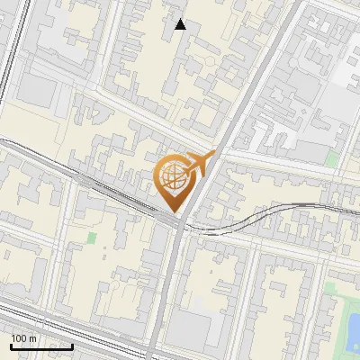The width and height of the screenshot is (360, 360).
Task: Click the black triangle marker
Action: tap(181, 24)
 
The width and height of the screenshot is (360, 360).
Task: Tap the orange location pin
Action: tap(177, 180)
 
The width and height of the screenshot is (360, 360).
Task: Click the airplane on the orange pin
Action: tap(199, 165)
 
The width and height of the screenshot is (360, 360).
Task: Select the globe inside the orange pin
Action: tap(175, 178)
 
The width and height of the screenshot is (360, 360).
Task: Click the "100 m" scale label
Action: tap(24, 338)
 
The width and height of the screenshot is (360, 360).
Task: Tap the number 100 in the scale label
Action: tap(20, 338)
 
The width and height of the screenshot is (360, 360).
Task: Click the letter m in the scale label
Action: tap(33, 338)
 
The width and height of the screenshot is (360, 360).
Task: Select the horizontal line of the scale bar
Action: tap(41, 346)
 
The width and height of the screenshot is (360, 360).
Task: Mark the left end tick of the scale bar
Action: tap(11, 345)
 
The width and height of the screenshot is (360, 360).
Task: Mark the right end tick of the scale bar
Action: tap(72, 345)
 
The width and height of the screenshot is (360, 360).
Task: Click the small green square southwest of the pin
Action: tap(92, 238)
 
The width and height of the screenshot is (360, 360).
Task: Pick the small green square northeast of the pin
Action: tap(333, 159)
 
